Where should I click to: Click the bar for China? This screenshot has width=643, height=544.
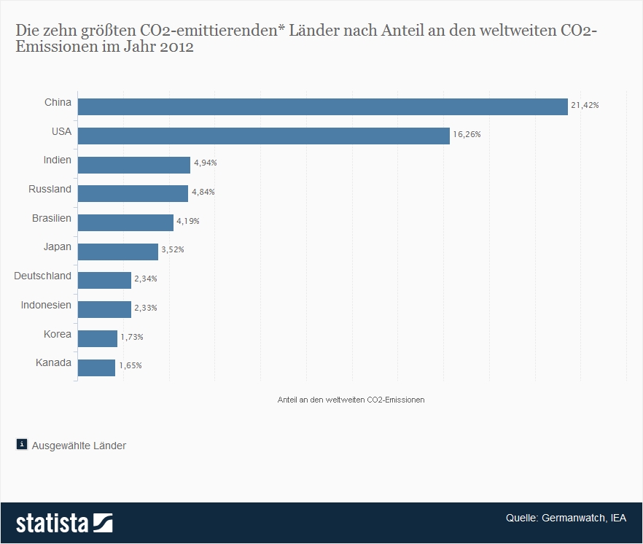tap(322, 106)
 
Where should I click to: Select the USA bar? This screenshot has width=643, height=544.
tap(263, 136)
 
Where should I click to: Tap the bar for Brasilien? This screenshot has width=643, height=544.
tap(125, 222)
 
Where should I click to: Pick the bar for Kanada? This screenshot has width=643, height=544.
tap(96, 368)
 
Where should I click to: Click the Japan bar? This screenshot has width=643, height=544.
tap(117, 252)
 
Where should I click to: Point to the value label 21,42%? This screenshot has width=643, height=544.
tap(585, 106)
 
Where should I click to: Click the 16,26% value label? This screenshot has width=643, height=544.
tap(467, 135)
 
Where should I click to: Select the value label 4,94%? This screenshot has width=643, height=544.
tap(205, 163)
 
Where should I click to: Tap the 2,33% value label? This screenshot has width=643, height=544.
tap(145, 308)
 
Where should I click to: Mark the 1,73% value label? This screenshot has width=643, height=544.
tap(132, 337)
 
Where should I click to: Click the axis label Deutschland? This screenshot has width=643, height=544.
tap(43, 276)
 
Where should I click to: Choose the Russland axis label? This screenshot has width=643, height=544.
tap(50, 189)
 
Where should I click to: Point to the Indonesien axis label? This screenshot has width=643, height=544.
tap(47, 305)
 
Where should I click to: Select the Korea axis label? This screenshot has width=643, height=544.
tap(57, 334)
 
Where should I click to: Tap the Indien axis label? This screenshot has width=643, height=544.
tap(57, 160)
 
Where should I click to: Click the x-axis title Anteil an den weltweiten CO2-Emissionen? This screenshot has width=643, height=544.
tap(351, 400)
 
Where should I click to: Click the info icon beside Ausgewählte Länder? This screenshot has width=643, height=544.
tap(22, 444)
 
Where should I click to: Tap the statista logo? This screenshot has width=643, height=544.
tap(64, 523)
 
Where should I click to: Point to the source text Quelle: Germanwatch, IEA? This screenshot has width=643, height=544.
tap(566, 518)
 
